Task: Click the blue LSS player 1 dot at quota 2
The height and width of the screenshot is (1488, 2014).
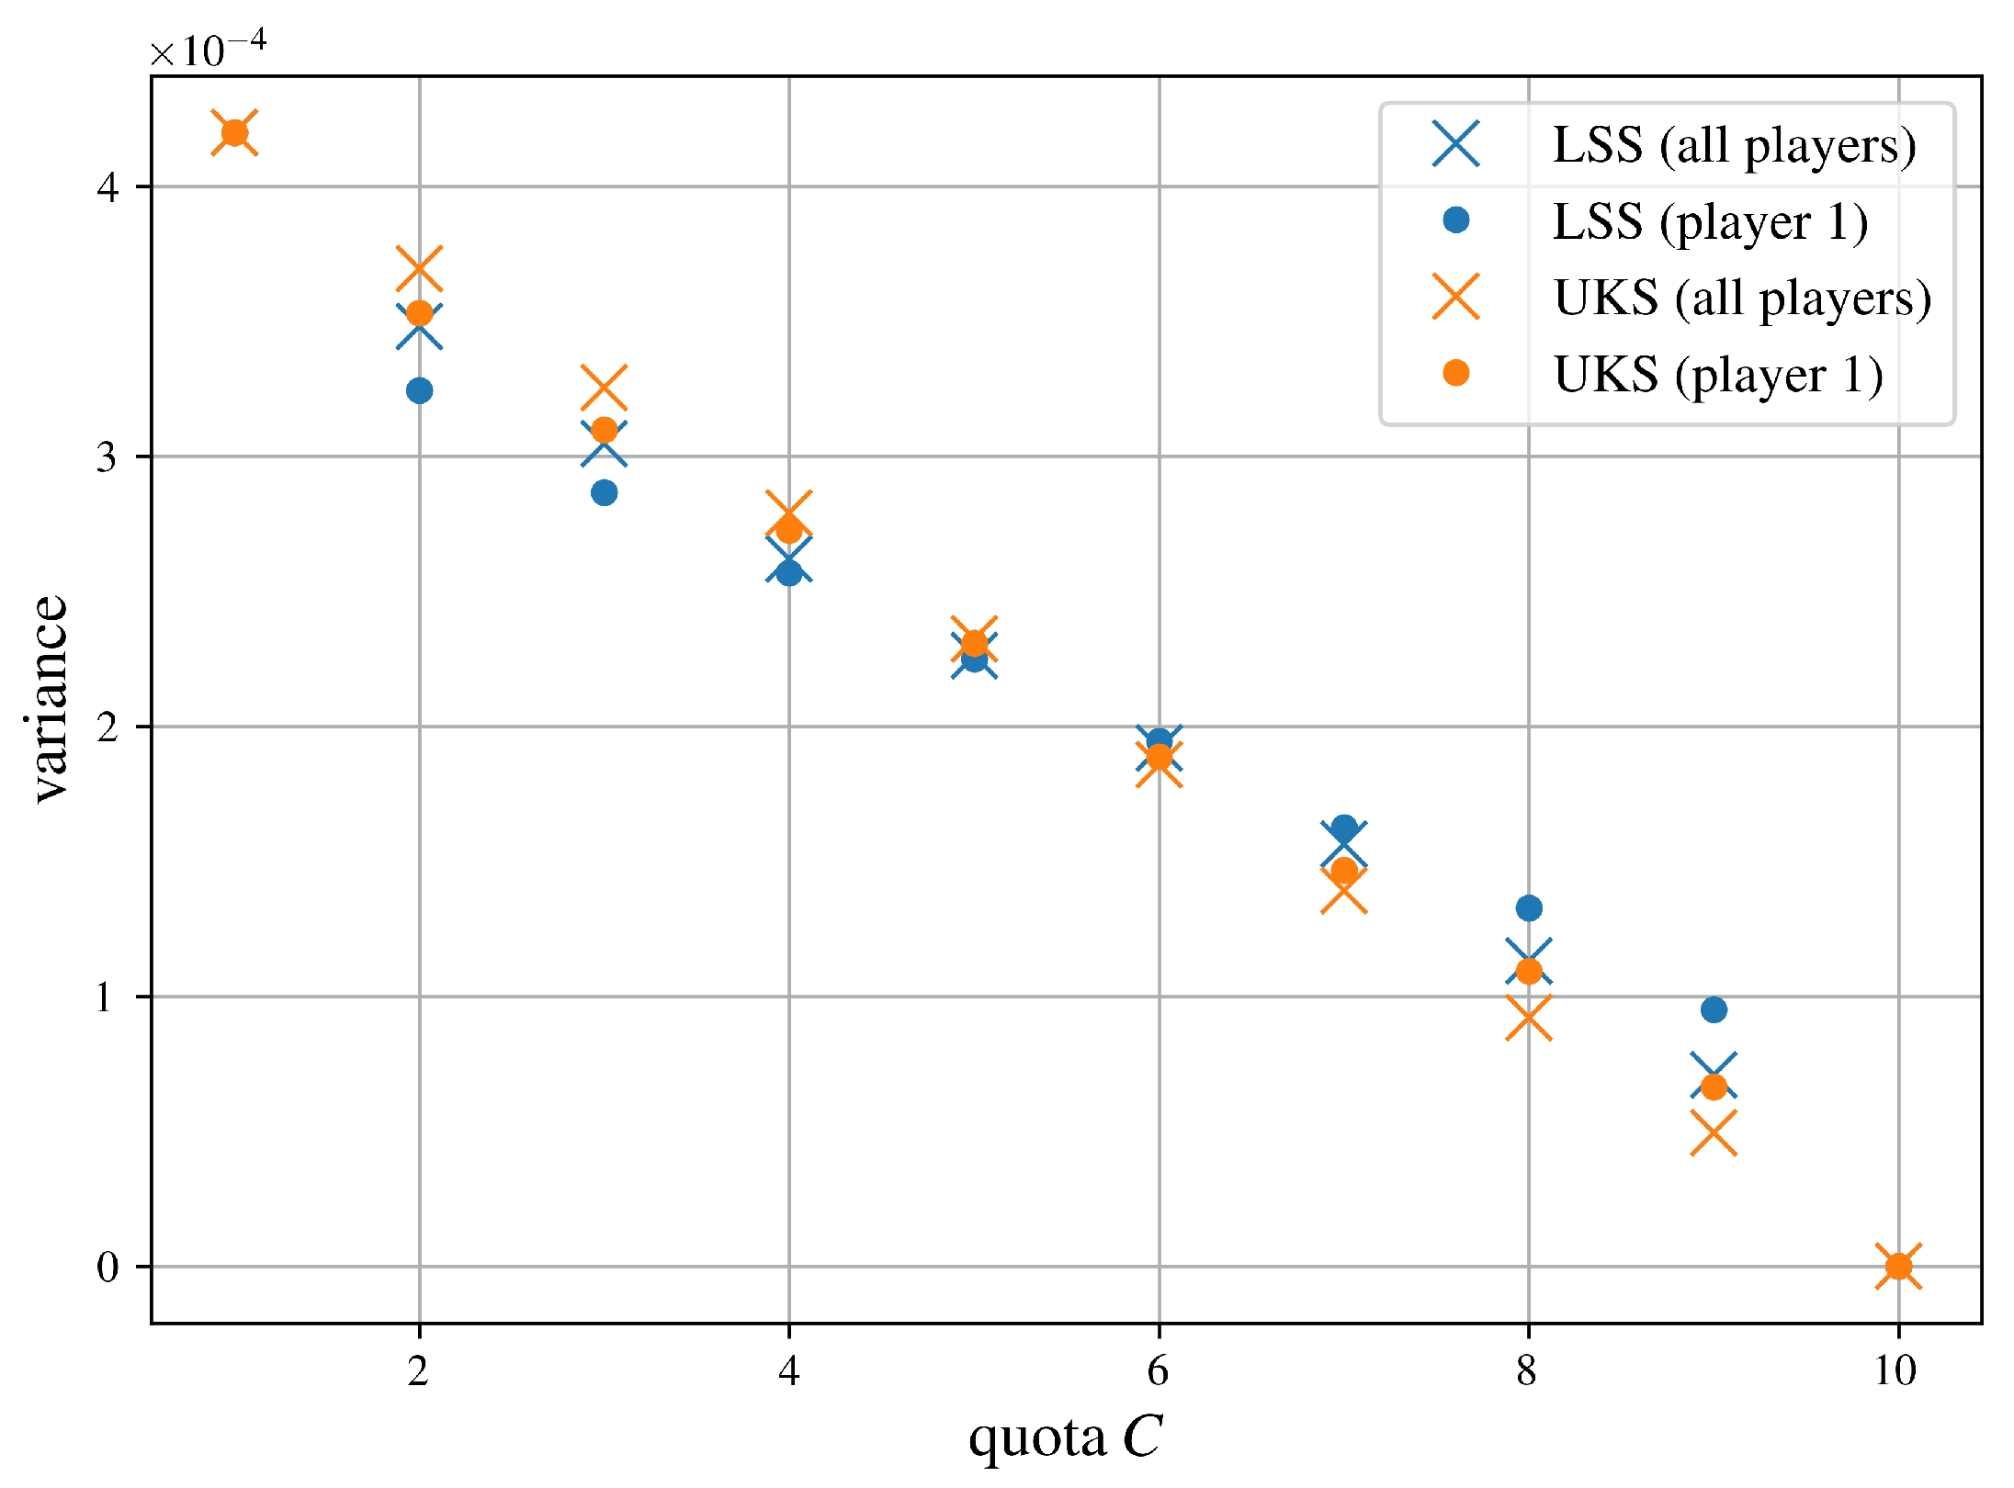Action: click(x=419, y=390)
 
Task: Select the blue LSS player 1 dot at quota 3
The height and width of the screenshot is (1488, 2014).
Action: click(x=604, y=492)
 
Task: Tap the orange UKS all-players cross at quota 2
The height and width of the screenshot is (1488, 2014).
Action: click(x=419, y=269)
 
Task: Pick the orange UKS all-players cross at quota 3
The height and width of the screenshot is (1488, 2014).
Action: click(x=604, y=388)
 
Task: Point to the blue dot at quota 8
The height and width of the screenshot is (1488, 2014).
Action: click(x=1529, y=908)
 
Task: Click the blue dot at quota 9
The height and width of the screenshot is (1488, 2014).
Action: click(x=1714, y=1009)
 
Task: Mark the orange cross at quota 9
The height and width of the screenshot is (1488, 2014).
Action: click(x=1714, y=1133)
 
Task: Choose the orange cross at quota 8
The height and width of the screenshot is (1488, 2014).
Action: click(x=1529, y=1019)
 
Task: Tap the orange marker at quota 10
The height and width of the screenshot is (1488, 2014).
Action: click(x=1898, y=1266)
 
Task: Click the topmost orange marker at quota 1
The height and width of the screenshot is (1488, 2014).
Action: click(x=235, y=132)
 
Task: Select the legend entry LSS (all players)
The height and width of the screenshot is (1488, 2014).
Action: click(x=1734, y=144)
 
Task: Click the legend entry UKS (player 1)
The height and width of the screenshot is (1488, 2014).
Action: click(x=1718, y=374)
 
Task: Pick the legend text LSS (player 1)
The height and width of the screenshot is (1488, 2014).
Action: click(x=1710, y=221)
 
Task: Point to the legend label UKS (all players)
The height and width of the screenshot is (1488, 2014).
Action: click(x=1742, y=298)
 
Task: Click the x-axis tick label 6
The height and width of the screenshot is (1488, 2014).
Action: click(x=1158, y=1371)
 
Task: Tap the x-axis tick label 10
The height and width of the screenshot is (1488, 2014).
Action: click(x=1895, y=1371)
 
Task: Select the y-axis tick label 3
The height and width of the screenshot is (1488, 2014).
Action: click(x=108, y=457)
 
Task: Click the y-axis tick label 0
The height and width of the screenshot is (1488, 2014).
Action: click(x=108, y=1267)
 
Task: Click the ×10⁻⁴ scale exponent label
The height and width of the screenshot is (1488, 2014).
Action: click(x=209, y=50)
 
